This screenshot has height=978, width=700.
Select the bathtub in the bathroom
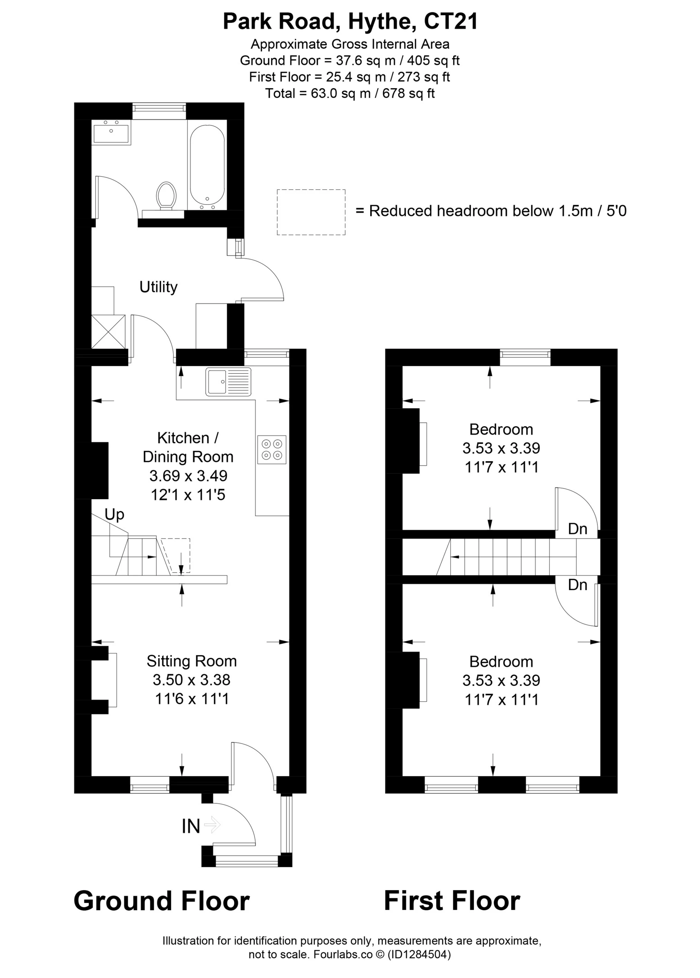click(207, 166)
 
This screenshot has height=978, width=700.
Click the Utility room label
click(158, 287)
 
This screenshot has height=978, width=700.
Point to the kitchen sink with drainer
click(228, 382)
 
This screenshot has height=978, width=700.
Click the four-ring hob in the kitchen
click(272, 449)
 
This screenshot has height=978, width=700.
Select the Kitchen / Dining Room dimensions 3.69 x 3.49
click(188, 476)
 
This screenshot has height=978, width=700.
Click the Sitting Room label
click(192, 661)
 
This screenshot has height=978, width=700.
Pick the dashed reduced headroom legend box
click(311, 212)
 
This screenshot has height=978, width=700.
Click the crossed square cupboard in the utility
click(108, 332)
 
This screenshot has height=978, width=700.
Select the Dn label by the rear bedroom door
click(577, 529)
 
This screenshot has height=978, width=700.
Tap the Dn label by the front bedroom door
click(577, 585)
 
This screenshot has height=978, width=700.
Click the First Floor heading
click(452, 901)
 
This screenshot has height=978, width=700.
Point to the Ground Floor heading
click(162, 901)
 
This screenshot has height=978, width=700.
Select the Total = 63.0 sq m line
click(350, 94)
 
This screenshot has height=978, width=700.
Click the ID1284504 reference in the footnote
click(419, 954)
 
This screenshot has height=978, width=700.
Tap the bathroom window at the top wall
click(159, 111)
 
